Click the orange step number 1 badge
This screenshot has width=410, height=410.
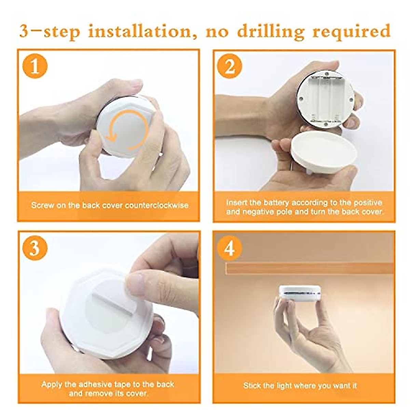point(35,66)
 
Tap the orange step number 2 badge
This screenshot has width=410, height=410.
point(229,66)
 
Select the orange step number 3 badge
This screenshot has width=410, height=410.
point(35,248)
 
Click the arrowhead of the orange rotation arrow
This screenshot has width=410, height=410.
point(111,137)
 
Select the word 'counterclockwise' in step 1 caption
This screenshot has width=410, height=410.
point(156,205)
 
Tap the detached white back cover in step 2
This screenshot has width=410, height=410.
point(324,152)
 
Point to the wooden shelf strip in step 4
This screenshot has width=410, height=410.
point(310,269)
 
